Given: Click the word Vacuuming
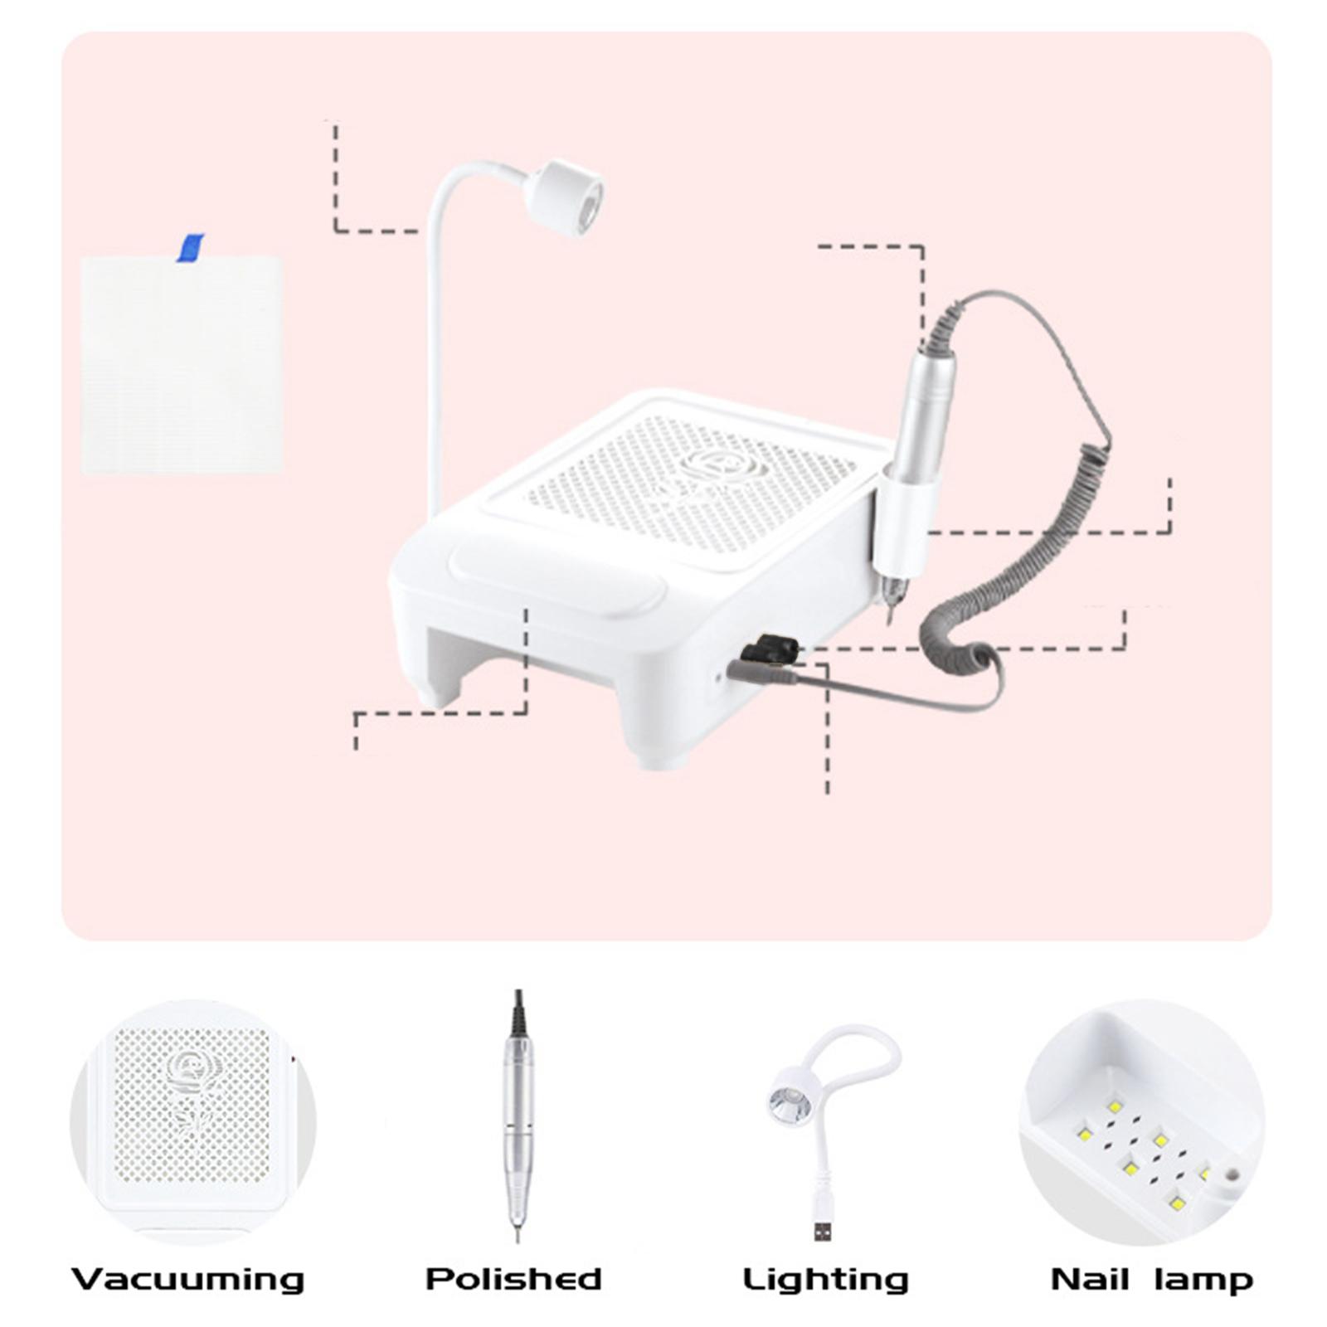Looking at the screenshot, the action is [188, 1279].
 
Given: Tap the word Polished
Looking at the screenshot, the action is [513, 1279].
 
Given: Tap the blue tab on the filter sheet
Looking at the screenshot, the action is [190, 247].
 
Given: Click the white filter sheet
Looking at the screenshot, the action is [182, 365].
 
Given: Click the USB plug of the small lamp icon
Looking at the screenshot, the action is [822, 1230].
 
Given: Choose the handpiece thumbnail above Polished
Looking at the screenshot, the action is [518, 1116].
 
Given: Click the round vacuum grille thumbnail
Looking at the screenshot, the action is [192, 1121].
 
